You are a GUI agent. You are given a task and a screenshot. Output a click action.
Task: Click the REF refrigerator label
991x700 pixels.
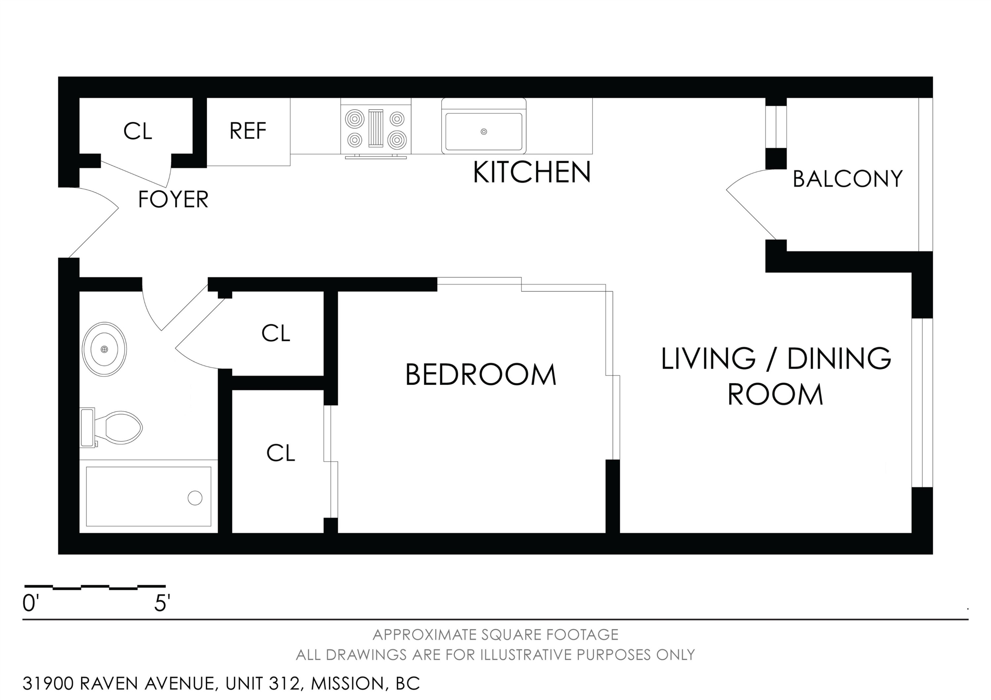(248, 131)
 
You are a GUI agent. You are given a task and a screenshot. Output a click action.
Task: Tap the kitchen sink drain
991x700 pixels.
(484, 132)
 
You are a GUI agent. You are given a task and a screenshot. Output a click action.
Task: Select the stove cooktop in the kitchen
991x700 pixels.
(376, 128)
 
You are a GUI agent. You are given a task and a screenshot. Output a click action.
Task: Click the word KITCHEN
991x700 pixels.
(532, 172)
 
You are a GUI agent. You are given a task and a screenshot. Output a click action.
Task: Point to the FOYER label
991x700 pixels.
(173, 199)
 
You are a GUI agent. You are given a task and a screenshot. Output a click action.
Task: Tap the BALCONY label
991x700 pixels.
(848, 179)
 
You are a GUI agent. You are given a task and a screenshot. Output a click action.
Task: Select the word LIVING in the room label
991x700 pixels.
(708, 358)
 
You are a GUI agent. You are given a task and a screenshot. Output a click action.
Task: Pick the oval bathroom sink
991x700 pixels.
(104, 349)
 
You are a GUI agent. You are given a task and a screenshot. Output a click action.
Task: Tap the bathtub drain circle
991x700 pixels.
(195, 498)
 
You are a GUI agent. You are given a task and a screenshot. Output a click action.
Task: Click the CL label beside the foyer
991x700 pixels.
(138, 131)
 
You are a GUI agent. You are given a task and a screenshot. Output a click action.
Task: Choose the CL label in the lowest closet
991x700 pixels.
(280, 453)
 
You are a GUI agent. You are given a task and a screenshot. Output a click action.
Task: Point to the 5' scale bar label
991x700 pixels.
(162, 603)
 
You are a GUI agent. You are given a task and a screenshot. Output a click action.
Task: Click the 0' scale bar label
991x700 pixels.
(31, 603)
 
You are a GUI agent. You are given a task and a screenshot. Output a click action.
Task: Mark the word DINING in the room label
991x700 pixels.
(839, 358)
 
